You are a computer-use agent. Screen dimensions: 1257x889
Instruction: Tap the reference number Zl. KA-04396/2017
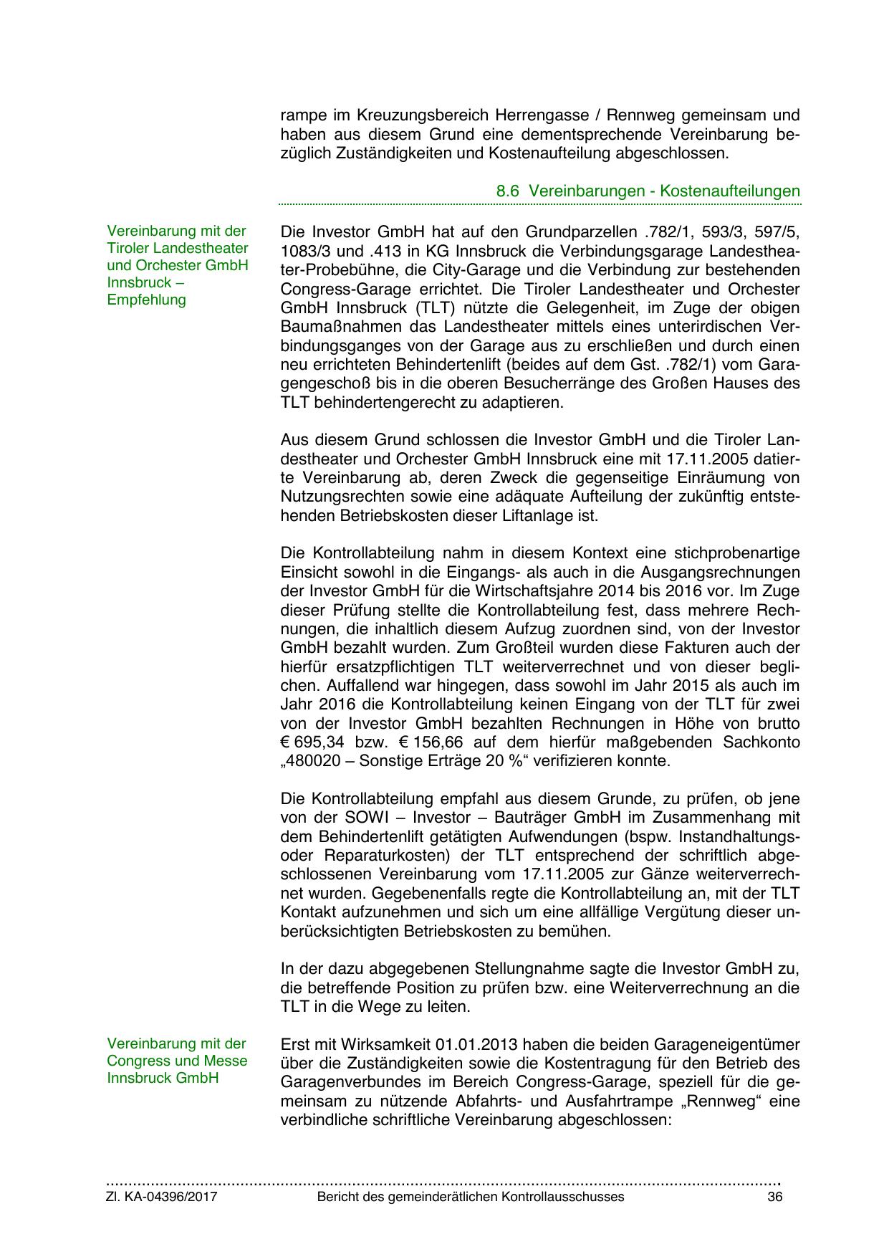pos(162,1197)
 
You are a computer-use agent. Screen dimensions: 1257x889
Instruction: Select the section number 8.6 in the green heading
pos(508,191)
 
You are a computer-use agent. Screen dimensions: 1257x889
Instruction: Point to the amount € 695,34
pos(314,742)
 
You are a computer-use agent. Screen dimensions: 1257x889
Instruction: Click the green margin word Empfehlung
pos(146,300)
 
